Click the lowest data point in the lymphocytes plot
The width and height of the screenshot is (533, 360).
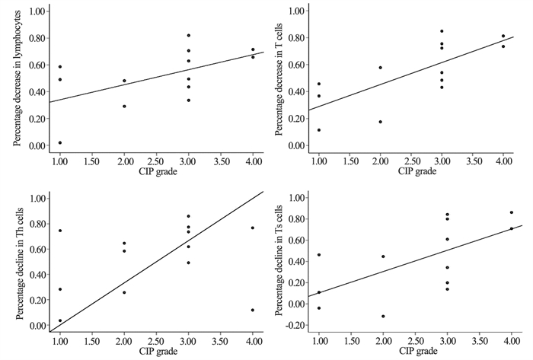(x=59, y=142)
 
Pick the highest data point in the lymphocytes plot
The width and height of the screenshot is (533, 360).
(x=188, y=35)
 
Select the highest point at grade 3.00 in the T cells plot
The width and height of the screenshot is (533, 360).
(x=442, y=31)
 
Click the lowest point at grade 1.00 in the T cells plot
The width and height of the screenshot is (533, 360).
(x=319, y=129)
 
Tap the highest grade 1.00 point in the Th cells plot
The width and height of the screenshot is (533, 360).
(x=59, y=231)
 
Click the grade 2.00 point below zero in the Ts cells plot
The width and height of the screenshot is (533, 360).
(x=383, y=316)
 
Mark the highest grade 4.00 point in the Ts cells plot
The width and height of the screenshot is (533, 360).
(x=511, y=212)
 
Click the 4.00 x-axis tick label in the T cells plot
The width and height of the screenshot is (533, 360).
(x=503, y=161)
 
